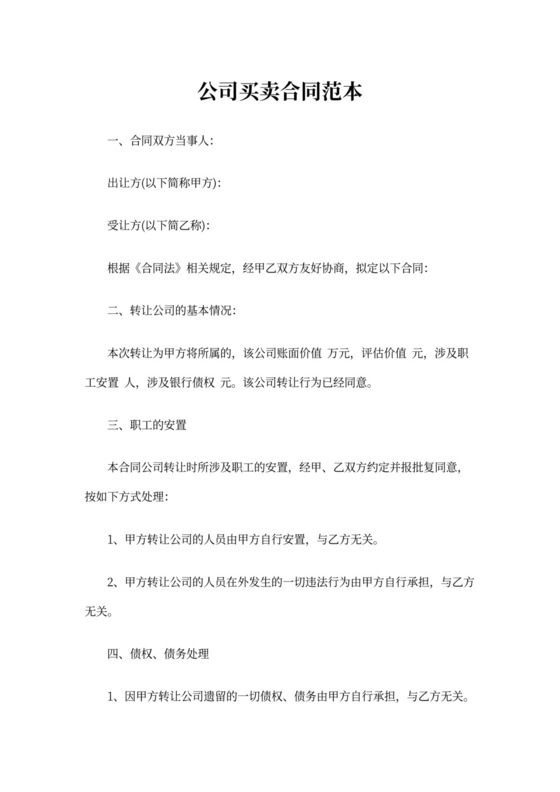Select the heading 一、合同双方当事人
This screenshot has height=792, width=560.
[158, 141]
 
